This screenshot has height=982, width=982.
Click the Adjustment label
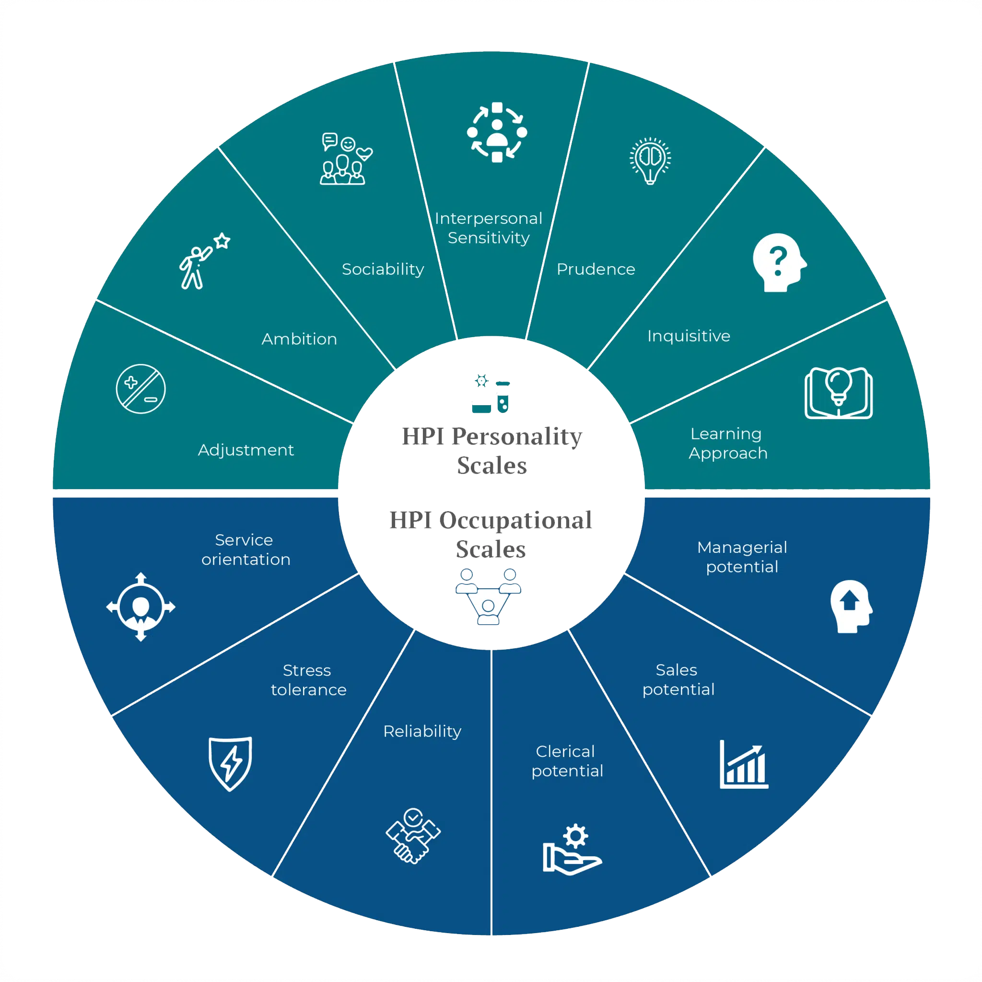[245, 450]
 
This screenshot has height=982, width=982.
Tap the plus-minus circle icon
[141, 389]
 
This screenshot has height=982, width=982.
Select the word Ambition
[299, 339]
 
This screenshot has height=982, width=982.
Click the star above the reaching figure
[222, 240]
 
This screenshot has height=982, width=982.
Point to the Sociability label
[383, 269]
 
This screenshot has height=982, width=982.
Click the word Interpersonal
[489, 219]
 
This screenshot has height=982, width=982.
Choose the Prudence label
[596, 269]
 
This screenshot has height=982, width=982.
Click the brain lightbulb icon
[650, 160]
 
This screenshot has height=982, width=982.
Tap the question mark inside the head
[778, 261]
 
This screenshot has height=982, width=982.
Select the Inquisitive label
[689, 336]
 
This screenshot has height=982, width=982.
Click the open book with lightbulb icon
[838, 392]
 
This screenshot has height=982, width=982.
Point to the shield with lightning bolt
[230, 763]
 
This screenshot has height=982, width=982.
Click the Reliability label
[422, 731]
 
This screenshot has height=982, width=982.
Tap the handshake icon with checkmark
[413, 836]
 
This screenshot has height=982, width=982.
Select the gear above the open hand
[575, 836]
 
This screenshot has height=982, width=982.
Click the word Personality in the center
[516, 437]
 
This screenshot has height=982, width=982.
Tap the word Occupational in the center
[515, 520]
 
